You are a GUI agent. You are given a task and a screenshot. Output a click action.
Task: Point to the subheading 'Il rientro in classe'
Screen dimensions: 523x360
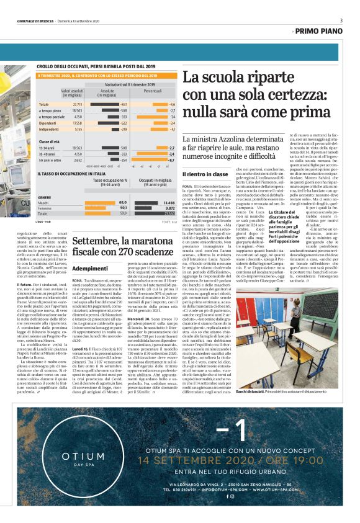[x=202, y=175]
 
